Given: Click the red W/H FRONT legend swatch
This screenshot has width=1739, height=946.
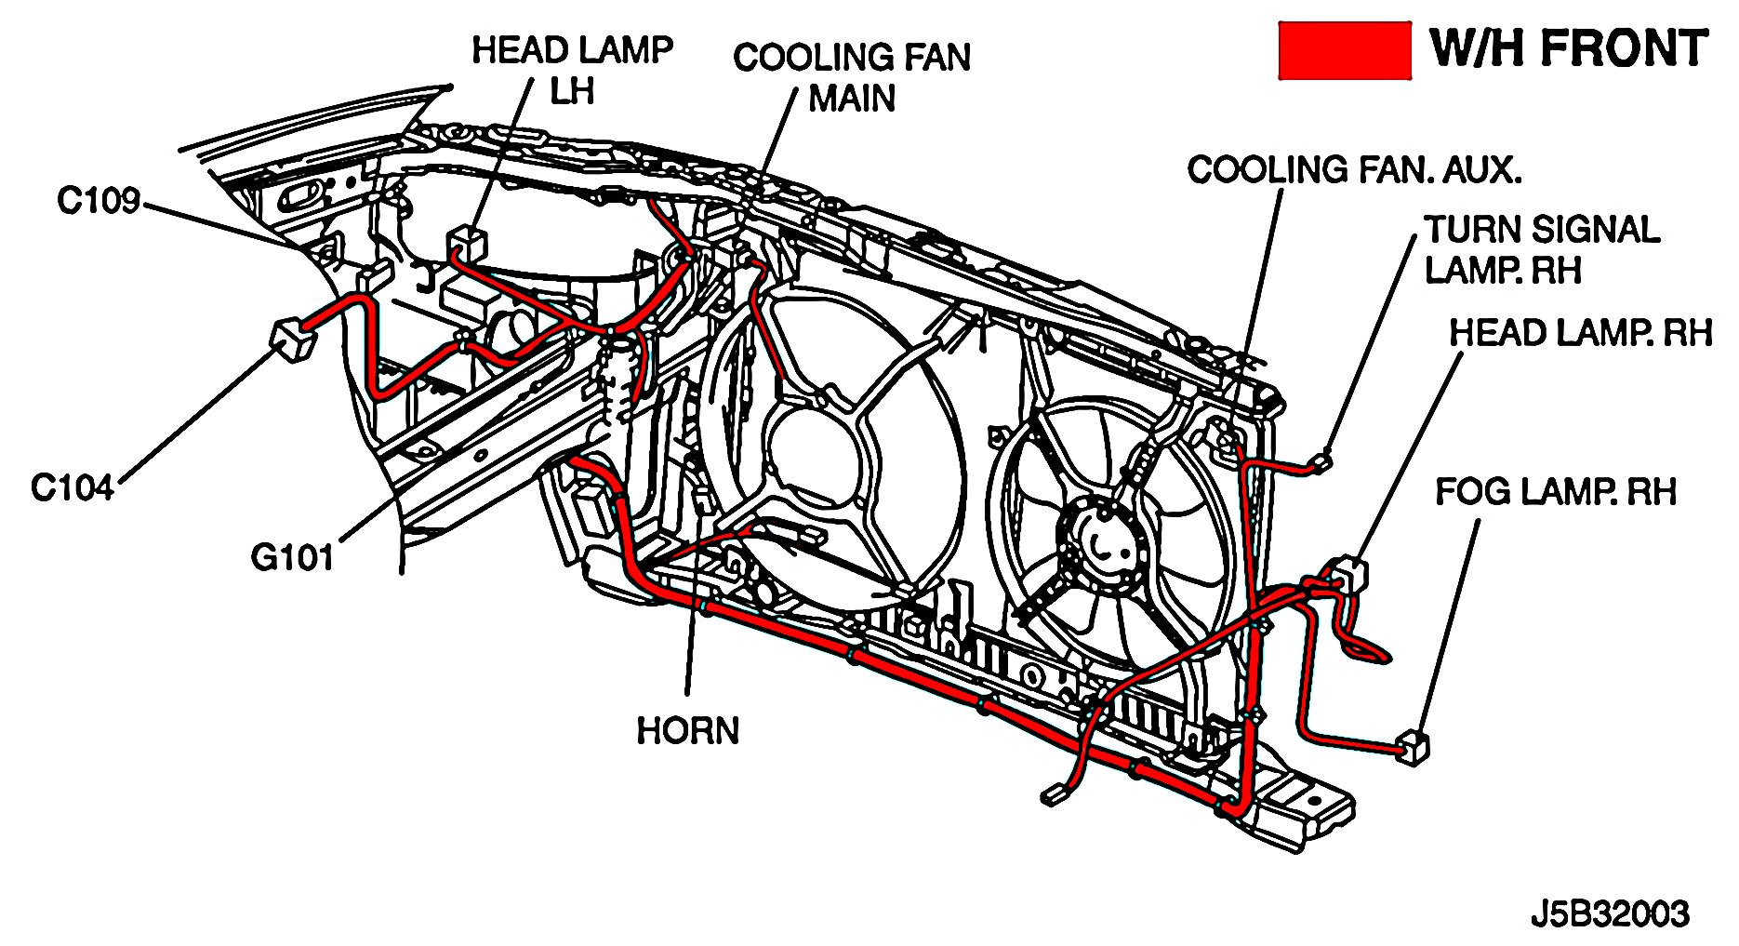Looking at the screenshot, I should tap(1344, 49).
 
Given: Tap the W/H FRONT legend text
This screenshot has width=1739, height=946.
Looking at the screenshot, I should tap(1569, 48).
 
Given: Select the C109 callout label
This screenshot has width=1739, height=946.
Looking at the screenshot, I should tap(99, 200).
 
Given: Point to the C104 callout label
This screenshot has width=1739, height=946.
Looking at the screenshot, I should tap(73, 487).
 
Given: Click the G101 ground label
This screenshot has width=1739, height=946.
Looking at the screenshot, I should tap(292, 557).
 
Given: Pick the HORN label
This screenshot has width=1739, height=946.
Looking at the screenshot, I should tap(687, 730).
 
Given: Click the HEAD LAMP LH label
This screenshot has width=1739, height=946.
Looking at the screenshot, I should tap(572, 70).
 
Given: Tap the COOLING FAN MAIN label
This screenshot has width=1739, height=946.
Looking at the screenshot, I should tap(851, 77).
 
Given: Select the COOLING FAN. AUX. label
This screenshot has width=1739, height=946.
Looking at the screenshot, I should tap(1354, 170).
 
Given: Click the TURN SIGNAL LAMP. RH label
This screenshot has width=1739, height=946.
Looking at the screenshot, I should tap(1541, 249).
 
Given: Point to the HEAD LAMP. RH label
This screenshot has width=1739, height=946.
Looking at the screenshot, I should tap(1580, 333).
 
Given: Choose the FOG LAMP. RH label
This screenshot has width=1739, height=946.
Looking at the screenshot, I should tap(1555, 491).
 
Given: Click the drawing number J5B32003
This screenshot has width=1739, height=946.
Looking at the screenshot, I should tap(1610, 914).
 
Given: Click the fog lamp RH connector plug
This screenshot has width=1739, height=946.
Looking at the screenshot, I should tap(1413, 746).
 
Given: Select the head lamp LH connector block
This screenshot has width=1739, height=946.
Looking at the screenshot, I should tap(467, 244).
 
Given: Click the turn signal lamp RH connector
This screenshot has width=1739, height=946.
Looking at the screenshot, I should tap(1321, 460).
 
